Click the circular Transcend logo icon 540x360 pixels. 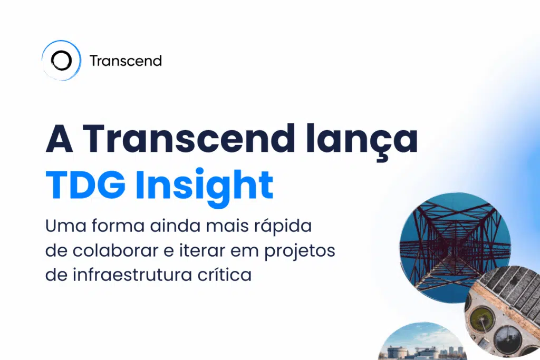click(61, 61)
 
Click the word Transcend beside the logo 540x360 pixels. click(126, 61)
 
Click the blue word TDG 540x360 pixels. click(86, 185)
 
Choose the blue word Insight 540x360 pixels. click(204, 186)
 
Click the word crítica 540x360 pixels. click(224, 275)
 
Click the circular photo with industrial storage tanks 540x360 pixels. click(422, 345)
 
